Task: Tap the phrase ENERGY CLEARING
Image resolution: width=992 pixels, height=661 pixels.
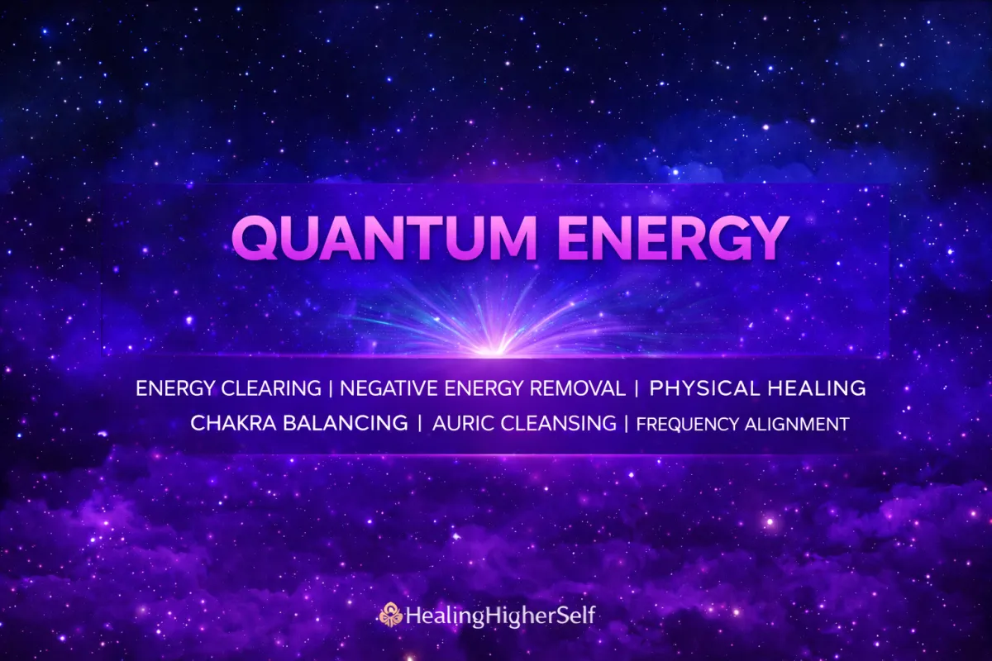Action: [228, 388]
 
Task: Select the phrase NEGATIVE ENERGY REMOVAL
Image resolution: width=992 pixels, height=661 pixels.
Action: [483, 388]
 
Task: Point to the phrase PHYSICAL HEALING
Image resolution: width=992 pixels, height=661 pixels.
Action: [757, 388]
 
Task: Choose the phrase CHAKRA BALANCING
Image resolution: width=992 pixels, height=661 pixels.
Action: [299, 424]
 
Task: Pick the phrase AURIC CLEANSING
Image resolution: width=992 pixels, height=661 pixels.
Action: [523, 424]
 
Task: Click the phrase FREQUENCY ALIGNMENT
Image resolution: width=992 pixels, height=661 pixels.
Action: [742, 425]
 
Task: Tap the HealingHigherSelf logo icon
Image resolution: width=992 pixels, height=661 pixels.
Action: [390, 615]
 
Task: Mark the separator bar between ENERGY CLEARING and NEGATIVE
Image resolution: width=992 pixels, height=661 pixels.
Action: [331, 388]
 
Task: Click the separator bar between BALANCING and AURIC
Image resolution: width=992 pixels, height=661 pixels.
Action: [420, 424]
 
